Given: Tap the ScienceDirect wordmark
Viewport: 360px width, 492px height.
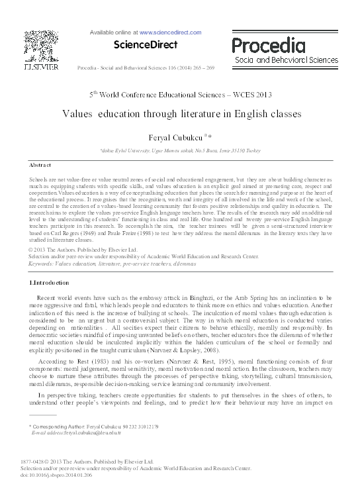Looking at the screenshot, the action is (x=146, y=45).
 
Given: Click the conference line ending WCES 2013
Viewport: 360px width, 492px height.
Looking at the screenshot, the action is (x=180, y=94).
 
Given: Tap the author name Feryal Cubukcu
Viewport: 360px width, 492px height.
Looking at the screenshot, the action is (x=175, y=136).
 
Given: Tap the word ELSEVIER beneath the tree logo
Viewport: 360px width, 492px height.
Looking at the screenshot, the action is (x=41, y=67).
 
